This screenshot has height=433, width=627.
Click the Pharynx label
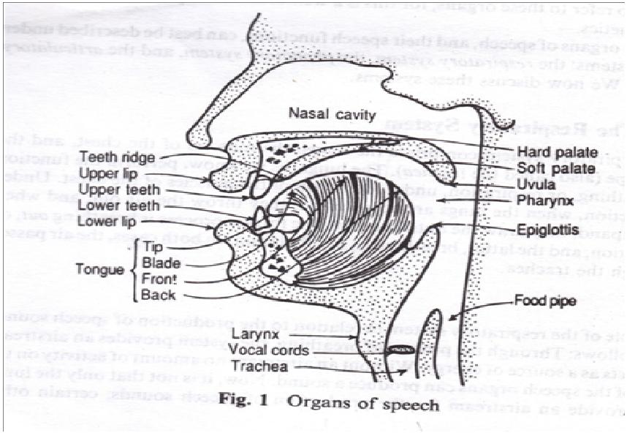(539, 198)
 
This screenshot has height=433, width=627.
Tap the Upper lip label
(107, 174)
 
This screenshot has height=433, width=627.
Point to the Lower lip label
(107, 222)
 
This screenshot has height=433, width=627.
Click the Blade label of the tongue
(157, 263)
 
